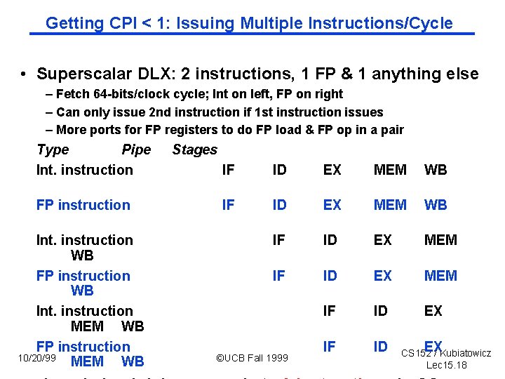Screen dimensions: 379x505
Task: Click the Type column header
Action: (x=53, y=149)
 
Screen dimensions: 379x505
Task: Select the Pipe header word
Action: (x=136, y=149)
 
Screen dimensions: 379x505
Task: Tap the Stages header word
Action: (x=194, y=149)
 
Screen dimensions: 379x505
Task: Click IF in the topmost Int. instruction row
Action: (x=228, y=170)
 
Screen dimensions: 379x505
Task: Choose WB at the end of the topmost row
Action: (x=436, y=170)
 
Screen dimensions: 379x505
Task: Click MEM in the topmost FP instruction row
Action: (x=390, y=205)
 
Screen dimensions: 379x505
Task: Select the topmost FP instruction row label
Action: (x=83, y=205)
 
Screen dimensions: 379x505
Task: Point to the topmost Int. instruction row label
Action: (x=84, y=170)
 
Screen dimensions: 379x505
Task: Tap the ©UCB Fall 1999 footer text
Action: (x=251, y=358)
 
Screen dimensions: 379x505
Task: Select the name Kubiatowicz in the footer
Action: (x=466, y=353)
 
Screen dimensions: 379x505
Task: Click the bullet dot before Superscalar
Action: (x=23, y=74)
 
